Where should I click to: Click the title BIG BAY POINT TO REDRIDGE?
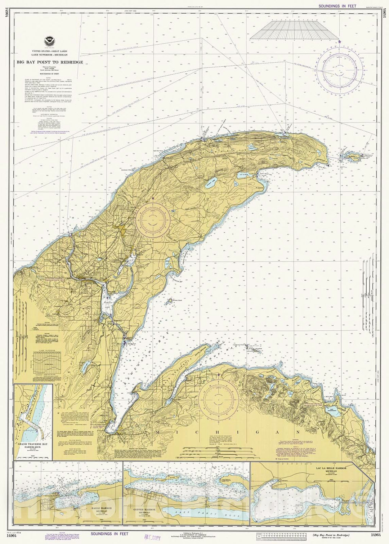tap(50, 62)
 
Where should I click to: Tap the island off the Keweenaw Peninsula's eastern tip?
tap(351, 156)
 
